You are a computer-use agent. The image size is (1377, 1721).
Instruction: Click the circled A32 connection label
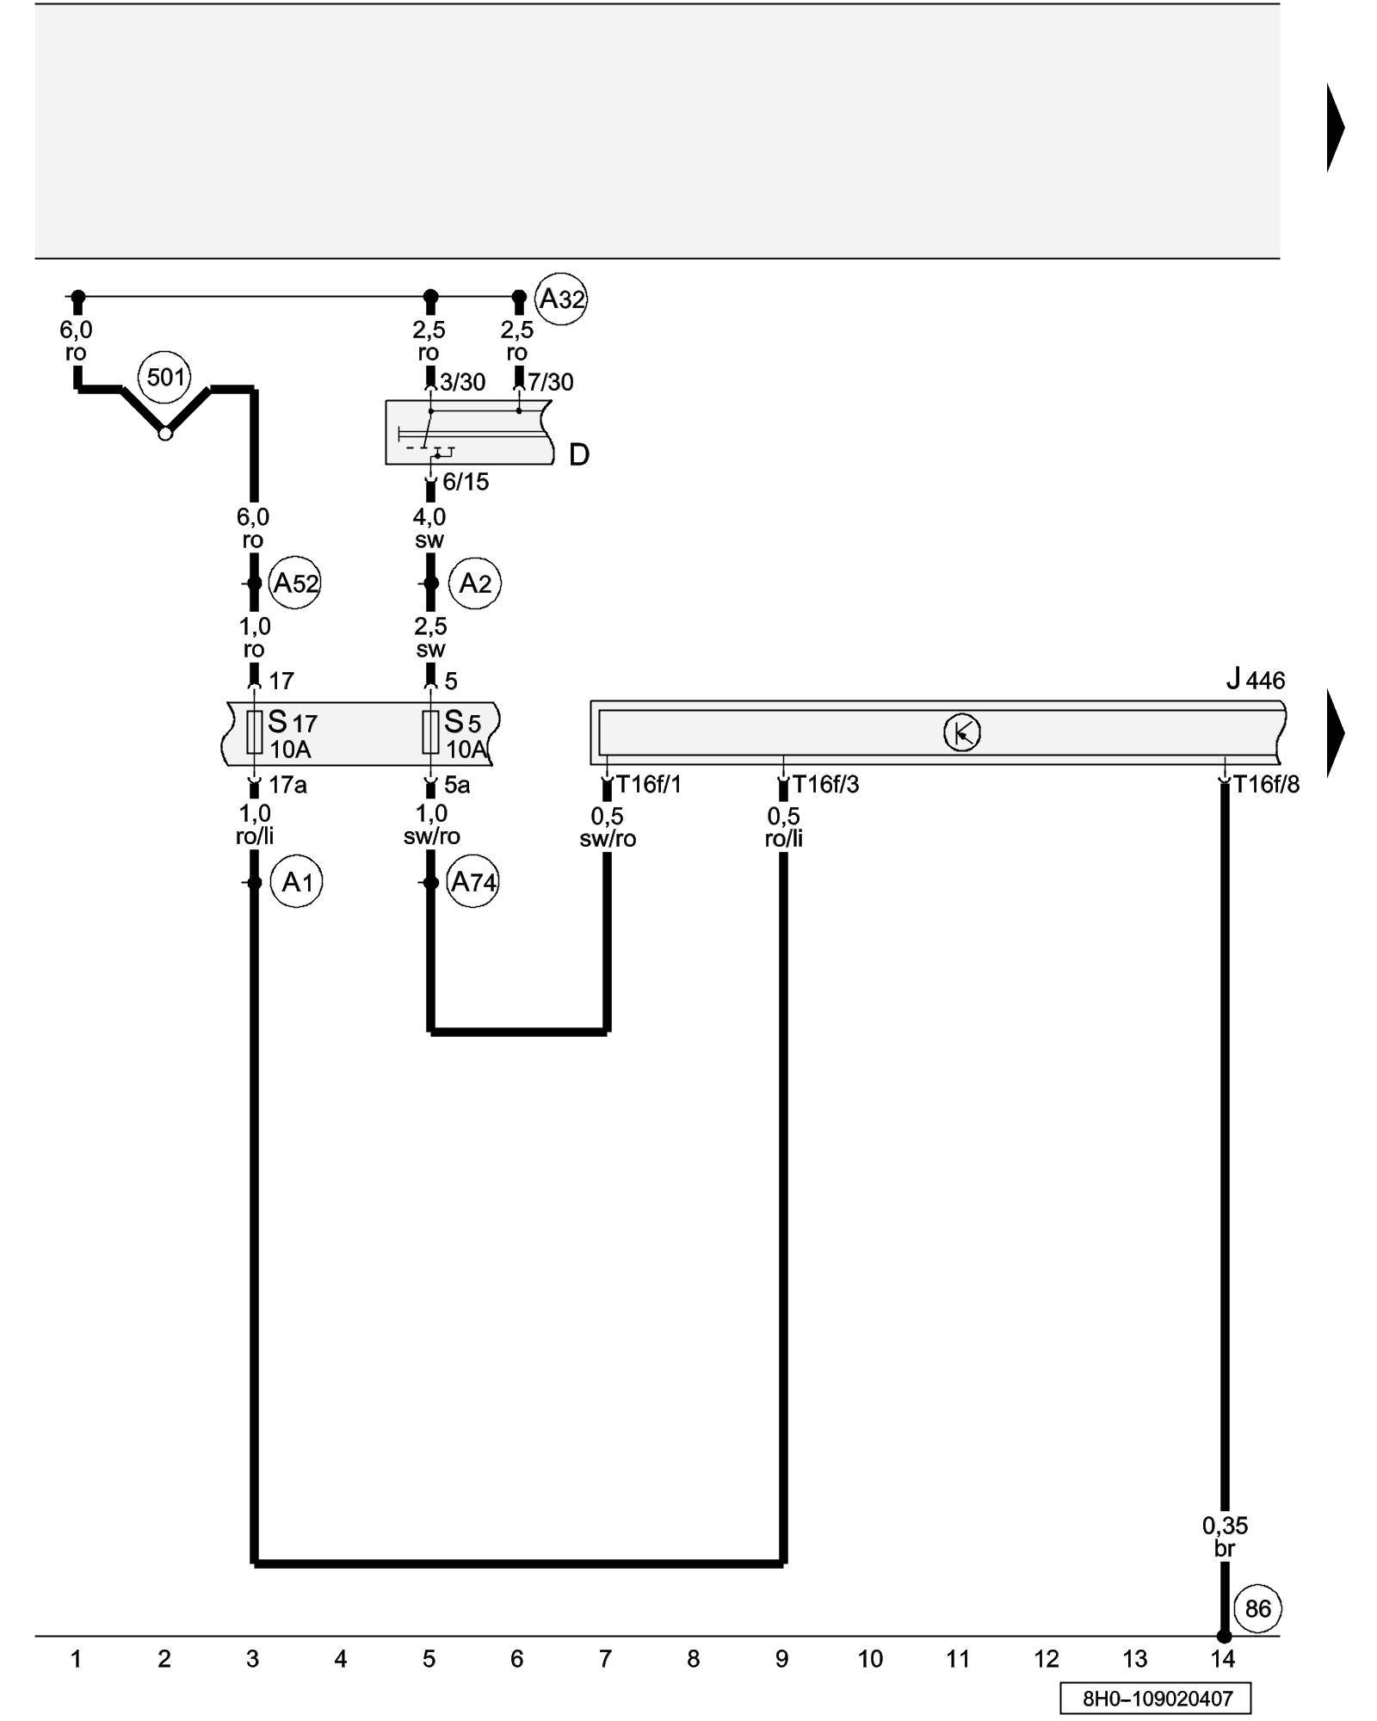coord(561,299)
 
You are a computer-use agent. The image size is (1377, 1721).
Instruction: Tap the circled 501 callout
coord(165,377)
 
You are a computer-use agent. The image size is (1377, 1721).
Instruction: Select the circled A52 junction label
coord(295,583)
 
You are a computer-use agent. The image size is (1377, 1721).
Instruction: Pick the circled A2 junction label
coord(475,583)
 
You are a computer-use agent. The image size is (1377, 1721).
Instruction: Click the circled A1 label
coord(297,882)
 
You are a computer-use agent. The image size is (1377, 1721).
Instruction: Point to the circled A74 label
coord(473,882)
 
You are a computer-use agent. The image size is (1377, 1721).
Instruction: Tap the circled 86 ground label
coord(1257,1608)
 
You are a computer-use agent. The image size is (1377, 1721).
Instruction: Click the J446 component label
coord(1256,680)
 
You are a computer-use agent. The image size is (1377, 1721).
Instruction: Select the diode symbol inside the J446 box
coord(961,733)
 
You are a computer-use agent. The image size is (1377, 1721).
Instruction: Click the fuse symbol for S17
coord(254,732)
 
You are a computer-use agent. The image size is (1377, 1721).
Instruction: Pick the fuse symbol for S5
coord(430,732)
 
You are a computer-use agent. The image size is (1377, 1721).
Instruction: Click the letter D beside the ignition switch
coord(579,454)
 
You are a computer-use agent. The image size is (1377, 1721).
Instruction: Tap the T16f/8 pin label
coord(1266,785)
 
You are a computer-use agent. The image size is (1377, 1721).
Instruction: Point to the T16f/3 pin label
coord(825,785)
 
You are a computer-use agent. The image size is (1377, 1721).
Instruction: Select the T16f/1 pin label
coord(649,785)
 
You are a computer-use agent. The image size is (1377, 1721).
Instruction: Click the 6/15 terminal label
coord(466,482)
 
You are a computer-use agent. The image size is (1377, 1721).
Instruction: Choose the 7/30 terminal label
coord(551,382)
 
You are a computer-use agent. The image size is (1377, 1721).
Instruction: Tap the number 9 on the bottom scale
coord(781,1659)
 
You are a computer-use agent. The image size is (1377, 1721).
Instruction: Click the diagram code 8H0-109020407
coord(1157,1699)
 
